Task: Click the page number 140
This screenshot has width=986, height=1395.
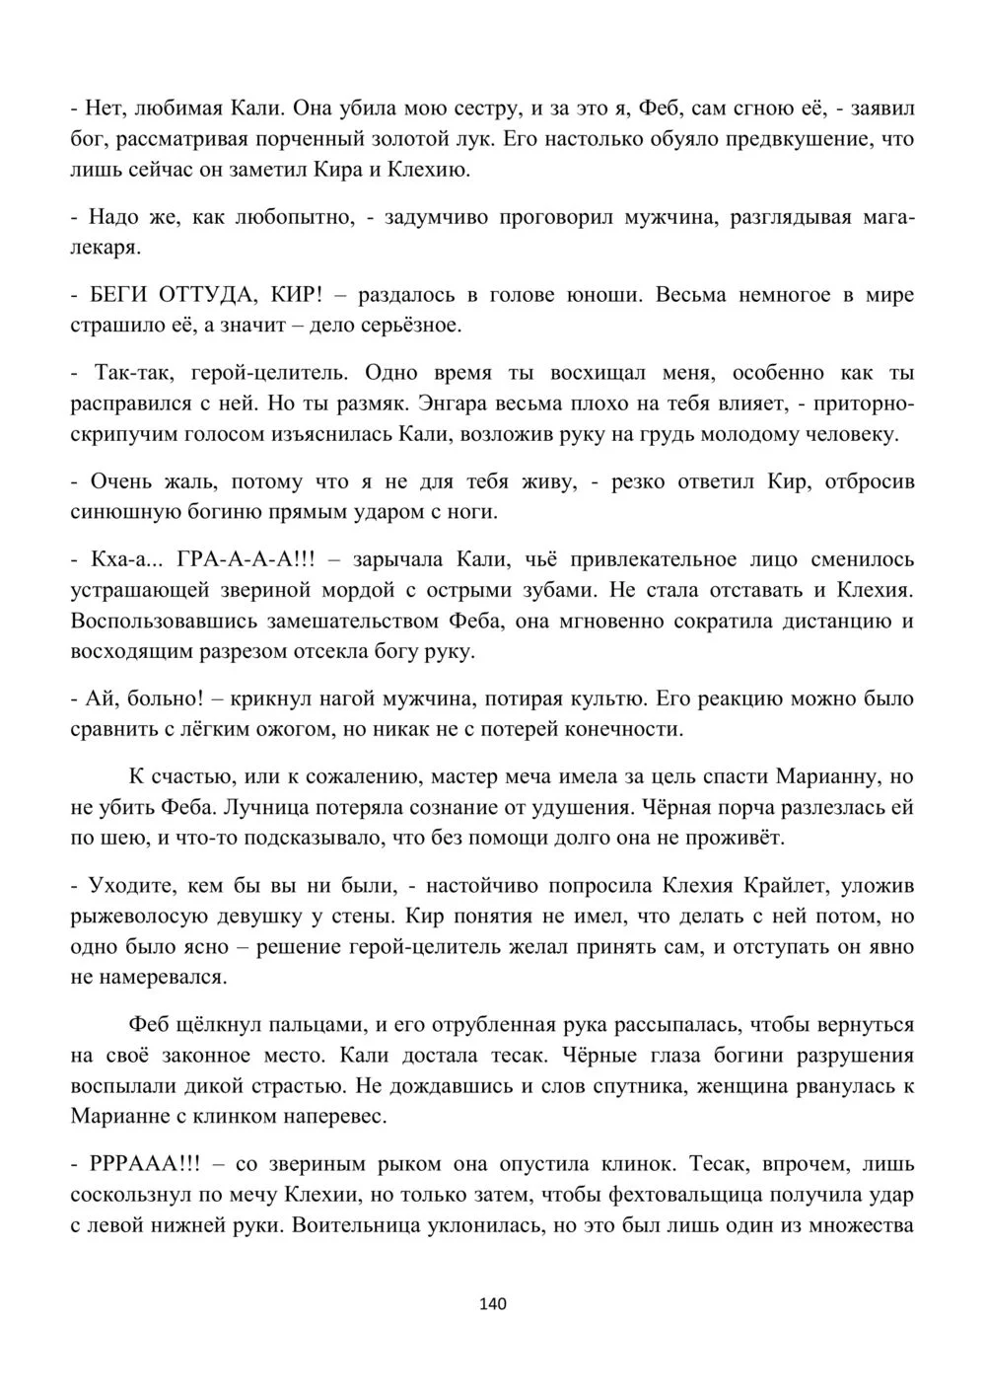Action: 492,1304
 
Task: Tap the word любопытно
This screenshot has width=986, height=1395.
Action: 294,217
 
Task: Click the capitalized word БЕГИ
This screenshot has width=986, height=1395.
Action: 118,294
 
